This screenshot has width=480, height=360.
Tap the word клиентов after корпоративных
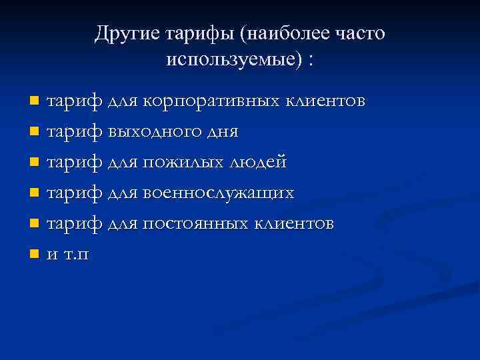point(326,101)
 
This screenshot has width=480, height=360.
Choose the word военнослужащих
point(218,193)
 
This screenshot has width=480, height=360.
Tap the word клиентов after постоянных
point(295,224)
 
